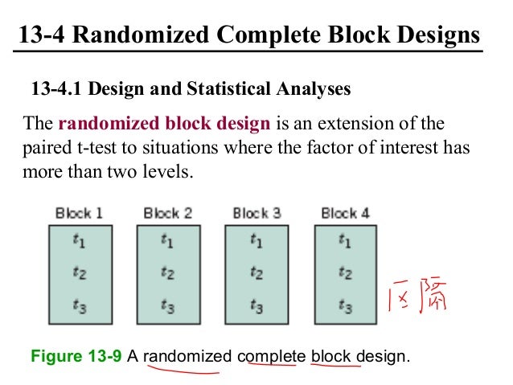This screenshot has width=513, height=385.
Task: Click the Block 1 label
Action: click(79, 214)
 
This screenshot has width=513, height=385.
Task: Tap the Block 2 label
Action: click(167, 214)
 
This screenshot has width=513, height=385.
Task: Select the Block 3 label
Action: click(256, 214)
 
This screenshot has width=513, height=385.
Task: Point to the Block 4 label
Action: click(345, 214)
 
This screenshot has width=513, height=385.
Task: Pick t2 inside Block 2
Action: click(168, 272)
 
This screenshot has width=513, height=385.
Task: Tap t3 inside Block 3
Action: click(257, 305)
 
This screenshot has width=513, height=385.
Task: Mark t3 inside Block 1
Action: click(80, 305)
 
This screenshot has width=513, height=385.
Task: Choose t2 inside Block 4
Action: click(346, 272)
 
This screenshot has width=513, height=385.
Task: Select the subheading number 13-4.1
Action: click(57, 88)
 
